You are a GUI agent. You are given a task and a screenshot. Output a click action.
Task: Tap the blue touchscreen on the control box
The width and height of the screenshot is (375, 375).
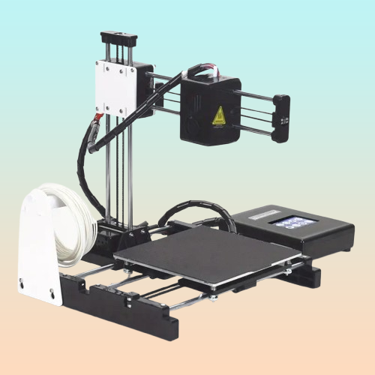pyautogui.click(x=295, y=222)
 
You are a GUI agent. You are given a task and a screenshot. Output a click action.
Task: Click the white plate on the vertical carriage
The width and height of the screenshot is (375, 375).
pyautogui.click(x=113, y=86)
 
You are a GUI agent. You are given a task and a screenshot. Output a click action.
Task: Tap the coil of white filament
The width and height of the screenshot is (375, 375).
pyautogui.click(x=75, y=217)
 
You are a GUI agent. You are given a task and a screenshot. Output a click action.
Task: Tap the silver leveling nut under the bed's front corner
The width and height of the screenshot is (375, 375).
pyautogui.click(x=213, y=298)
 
